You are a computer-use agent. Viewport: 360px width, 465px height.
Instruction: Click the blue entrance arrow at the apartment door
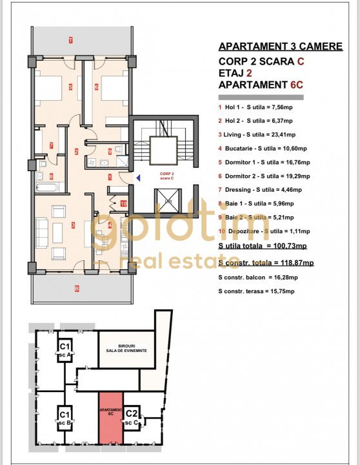pos(136,177)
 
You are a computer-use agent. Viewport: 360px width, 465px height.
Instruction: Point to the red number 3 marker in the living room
pos(73,225)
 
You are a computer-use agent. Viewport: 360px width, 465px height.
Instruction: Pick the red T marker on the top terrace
pos(70,41)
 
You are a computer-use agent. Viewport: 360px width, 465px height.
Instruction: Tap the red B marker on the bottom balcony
pos(76,288)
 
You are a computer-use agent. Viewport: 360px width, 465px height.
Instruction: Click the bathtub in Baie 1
pos(46,188)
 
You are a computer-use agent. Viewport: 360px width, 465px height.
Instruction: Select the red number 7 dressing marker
pos(51,145)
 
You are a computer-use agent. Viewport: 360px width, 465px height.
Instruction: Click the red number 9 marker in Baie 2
pos(110,151)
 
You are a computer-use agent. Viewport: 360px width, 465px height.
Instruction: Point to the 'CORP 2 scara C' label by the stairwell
pos(167,176)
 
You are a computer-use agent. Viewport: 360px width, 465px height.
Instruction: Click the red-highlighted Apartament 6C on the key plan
pos(110,417)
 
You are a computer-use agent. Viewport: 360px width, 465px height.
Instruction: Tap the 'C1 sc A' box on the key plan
pos(65,349)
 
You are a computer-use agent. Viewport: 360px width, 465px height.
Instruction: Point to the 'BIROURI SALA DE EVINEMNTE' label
pos(126,347)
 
